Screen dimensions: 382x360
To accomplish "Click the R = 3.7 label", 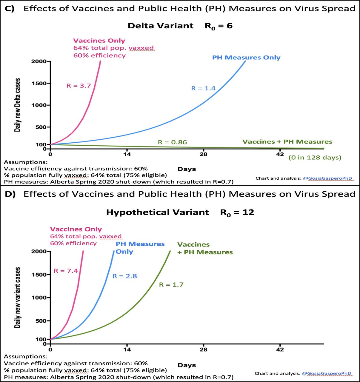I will (x=79, y=86).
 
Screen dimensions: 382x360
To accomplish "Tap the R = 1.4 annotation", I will (x=203, y=88).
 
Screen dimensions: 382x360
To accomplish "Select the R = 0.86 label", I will (x=172, y=142).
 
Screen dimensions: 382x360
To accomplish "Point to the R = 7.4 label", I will (x=66, y=271).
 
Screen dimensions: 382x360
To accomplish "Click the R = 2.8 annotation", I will (x=124, y=276).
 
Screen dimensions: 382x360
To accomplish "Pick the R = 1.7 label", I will (x=171, y=285).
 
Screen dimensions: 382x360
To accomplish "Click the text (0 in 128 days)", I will (x=315, y=157).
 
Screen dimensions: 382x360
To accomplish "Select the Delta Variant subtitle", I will (x=160, y=26).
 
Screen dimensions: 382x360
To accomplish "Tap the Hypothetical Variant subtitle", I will (x=157, y=212).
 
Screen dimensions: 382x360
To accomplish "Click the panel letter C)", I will (x=10, y=9).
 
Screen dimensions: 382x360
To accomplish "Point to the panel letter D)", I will (x=10, y=194).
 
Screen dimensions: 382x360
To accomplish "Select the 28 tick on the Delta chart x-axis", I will (x=203, y=154).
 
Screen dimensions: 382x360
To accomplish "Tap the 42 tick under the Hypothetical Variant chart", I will (x=280, y=349).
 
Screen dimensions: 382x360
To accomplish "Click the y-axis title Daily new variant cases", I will (x=18, y=298).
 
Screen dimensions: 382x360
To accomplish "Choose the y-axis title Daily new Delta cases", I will (x=18, y=105).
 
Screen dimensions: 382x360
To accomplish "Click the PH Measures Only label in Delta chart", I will (x=246, y=58).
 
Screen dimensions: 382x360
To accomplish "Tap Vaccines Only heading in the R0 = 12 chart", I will (x=76, y=229).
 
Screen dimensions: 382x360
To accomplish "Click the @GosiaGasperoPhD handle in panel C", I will (x=327, y=178).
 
